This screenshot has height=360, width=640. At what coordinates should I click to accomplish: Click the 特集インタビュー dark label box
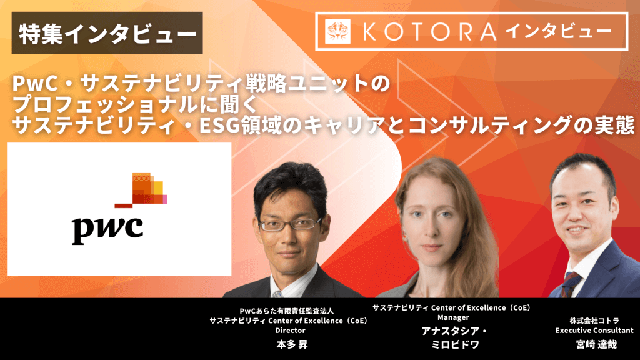(x=107, y=33)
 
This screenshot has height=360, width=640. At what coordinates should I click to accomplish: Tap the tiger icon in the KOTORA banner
(x=337, y=31)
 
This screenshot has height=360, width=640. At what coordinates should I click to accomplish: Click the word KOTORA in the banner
(x=429, y=32)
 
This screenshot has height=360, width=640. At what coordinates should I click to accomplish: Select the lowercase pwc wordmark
(x=107, y=230)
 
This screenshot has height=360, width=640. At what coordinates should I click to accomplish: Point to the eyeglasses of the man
(x=291, y=224)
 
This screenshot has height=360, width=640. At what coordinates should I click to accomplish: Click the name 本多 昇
(x=291, y=345)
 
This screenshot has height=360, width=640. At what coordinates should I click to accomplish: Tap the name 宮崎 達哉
(x=596, y=345)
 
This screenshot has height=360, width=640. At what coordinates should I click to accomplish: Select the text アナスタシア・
(x=454, y=331)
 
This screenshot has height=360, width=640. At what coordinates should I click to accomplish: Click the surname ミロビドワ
(x=455, y=345)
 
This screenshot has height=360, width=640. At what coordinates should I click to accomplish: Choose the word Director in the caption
(x=290, y=331)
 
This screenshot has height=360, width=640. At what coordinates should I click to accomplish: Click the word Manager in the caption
(x=453, y=317)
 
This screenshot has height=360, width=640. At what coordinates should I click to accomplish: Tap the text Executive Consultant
(x=594, y=331)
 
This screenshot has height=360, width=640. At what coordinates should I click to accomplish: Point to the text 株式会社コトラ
(x=594, y=321)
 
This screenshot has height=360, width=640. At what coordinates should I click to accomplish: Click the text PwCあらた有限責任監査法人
(x=286, y=311)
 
